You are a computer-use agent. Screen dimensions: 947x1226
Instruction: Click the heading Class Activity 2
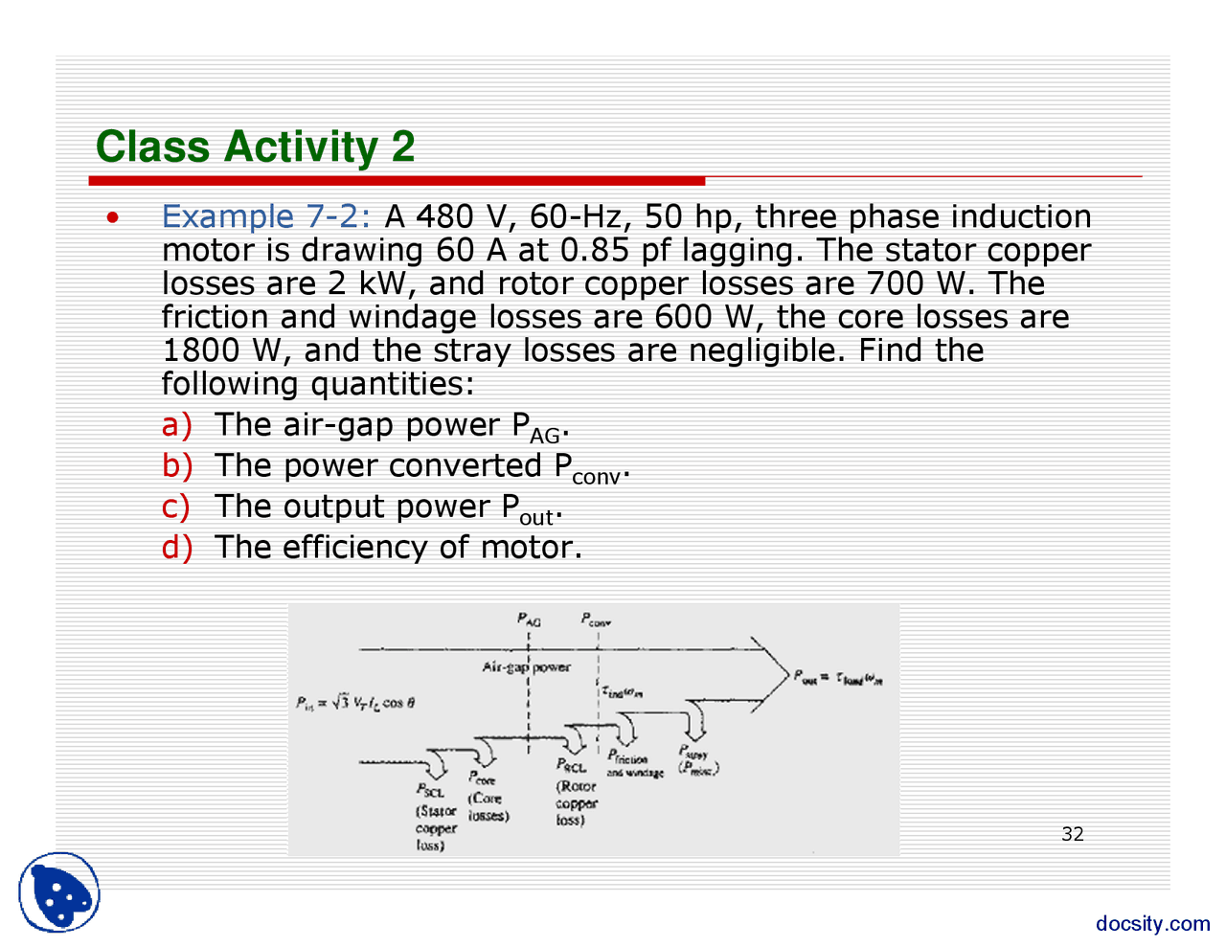point(255,147)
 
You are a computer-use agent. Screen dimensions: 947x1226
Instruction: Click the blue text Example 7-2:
point(265,216)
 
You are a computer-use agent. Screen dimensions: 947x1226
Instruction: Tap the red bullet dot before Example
point(113,217)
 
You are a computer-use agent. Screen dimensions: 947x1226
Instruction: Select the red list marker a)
point(176,424)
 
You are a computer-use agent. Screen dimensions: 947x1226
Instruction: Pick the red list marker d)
point(176,547)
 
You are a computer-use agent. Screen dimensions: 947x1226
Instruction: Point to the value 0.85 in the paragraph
point(595,250)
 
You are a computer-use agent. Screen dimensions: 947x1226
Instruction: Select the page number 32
point(1073,834)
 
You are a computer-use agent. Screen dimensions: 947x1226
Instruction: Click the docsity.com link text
point(1152,923)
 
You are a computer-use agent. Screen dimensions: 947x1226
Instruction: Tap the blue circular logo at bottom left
point(59,891)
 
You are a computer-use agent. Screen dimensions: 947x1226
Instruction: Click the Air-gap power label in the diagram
point(526,667)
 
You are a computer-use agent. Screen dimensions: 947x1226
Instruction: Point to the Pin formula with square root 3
point(354,703)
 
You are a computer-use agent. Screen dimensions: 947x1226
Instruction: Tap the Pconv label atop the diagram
point(596,620)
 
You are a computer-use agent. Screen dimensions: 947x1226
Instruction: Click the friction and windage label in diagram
point(633,766)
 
